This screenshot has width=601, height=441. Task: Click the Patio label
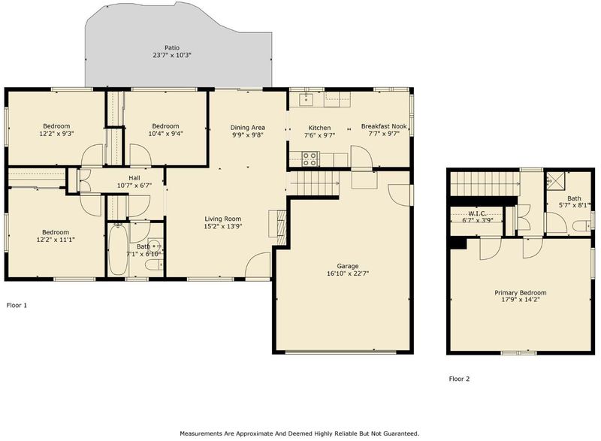(x=172, y=48)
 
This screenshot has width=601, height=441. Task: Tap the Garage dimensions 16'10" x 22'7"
(x=348, y=273)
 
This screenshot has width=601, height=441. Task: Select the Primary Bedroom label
(x=520, y=293)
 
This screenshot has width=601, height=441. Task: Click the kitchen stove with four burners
(x=310, y=159)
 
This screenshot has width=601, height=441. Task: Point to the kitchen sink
(x=307, y=99)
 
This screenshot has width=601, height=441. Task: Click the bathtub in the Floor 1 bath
(x=118, y=249)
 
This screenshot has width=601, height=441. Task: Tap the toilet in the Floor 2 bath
(x=582, y=226)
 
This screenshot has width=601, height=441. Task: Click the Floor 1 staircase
(x=313, y=183)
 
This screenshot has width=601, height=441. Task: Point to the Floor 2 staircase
(x=485, y=183)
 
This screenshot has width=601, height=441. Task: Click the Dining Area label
(x=248, y=128)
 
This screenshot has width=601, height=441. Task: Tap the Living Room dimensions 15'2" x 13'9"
(x=222, y=226)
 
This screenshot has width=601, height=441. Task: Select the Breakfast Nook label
(x=384, y=126)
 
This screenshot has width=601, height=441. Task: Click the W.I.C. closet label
(x=478, y=213)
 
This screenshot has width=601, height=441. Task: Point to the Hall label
(x=134, y=178)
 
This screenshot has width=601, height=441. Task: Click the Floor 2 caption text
(x=459, y=379)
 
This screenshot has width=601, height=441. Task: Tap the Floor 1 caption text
(x=17, y=305)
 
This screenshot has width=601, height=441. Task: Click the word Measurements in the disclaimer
(x=201, y=433)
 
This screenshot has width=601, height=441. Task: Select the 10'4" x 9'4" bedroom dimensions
(x=165, y=134)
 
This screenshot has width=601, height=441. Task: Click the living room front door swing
(x=258, y=265)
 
